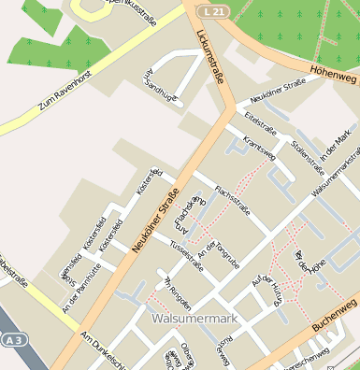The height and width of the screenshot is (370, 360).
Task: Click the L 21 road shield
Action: [x=212, y=9]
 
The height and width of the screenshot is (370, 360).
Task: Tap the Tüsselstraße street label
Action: [x=186, y=255]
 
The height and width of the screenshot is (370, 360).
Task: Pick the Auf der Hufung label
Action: [x=267, y=289]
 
